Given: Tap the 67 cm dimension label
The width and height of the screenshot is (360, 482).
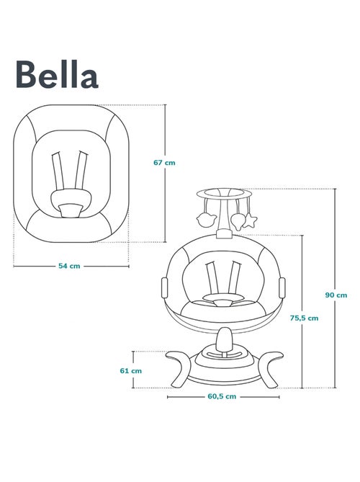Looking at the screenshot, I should point(164,163).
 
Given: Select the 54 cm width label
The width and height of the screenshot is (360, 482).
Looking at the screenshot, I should point(68,266).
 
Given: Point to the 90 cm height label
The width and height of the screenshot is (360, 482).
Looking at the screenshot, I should point(336,295).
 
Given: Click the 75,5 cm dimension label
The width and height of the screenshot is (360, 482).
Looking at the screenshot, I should point(306,317).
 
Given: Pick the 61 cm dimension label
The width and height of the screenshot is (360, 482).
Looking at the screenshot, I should point(131,370).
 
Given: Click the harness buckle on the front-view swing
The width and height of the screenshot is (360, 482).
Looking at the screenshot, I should point(222,297).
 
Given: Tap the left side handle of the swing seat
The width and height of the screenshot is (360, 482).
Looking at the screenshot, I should point(162,287).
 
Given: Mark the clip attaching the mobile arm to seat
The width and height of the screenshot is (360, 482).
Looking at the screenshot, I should point(223,233).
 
